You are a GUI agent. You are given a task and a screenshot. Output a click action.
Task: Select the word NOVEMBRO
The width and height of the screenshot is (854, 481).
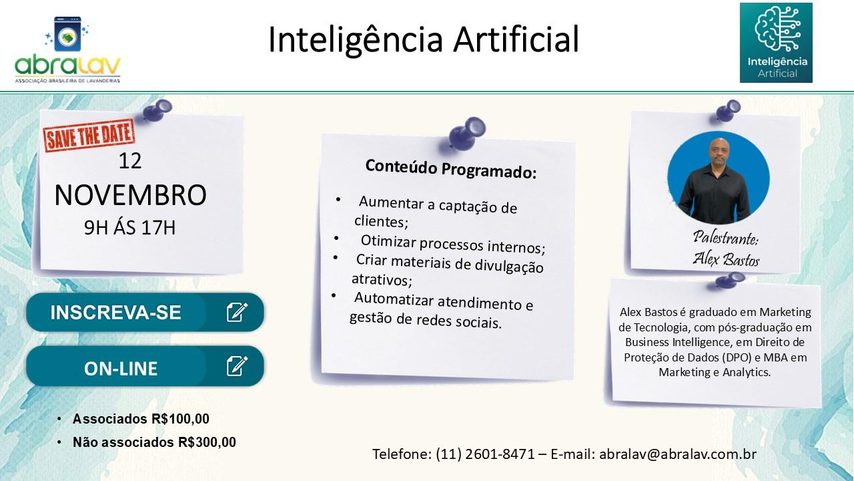point(130,195)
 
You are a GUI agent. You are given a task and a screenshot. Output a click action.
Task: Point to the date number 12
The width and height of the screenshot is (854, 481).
point(130,161)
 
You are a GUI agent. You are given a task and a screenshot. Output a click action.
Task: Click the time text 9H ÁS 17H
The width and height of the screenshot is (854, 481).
point(130,228)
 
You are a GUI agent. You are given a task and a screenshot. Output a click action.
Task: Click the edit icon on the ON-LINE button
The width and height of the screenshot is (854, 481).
point(237,366)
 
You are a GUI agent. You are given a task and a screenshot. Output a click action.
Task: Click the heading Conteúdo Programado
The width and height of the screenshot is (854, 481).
point(450,169)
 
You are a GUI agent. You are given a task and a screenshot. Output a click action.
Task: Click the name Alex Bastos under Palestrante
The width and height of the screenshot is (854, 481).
point(725,259)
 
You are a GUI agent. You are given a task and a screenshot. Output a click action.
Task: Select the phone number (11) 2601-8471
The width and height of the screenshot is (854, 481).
point(485,454)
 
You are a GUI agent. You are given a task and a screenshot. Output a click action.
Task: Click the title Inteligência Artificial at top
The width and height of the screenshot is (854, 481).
point(423,39)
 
